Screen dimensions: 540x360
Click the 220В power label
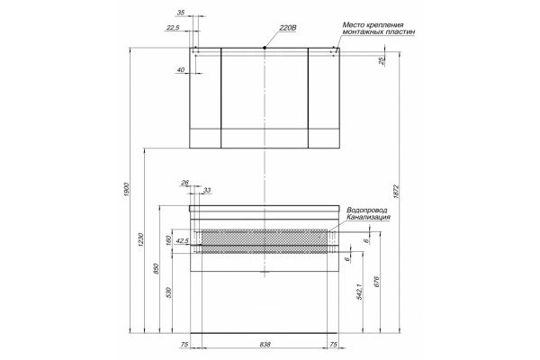pos(288,28)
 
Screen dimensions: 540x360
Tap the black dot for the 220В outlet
pos(265,48)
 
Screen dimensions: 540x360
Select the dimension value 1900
pos(126,190)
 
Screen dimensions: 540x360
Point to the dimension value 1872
pos(396,192)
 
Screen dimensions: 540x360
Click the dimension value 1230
pos(140,240)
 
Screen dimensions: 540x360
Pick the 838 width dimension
pos(265,344)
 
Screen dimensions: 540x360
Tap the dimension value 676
pos(376,282)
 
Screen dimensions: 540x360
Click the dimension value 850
pos(156,269)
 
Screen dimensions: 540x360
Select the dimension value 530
pos(169,292)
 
